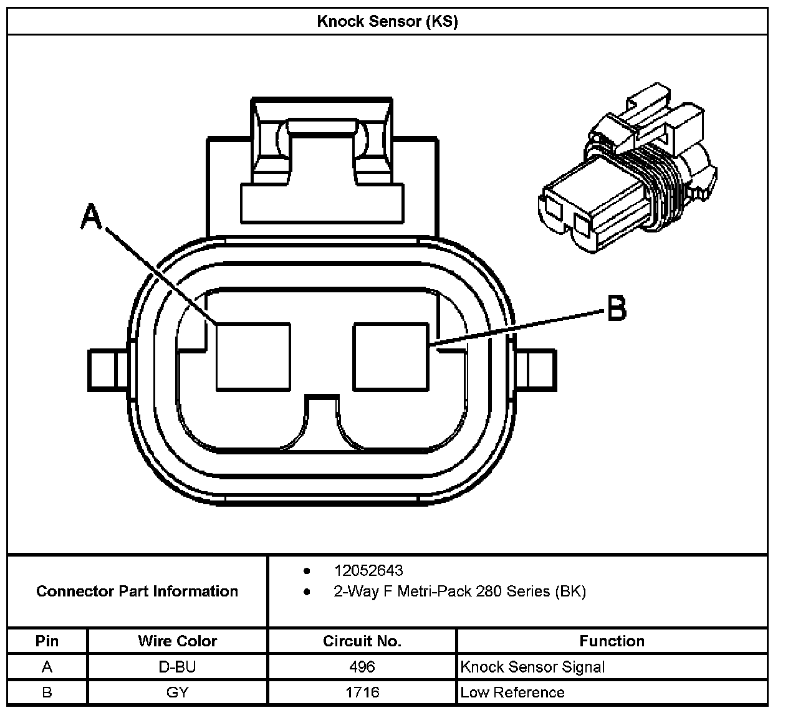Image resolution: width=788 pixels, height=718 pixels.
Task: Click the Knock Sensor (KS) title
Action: [x=387, y=21]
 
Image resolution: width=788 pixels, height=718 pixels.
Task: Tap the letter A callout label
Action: [x=91, y=216]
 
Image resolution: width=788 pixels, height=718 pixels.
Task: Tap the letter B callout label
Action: [x=617, y=309]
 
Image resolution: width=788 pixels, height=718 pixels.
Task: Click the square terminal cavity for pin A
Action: [x=253, y=357]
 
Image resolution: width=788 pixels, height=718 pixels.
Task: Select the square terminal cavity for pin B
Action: [x=391, y=357]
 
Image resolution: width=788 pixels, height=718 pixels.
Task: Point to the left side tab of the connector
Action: [x=108, y=370]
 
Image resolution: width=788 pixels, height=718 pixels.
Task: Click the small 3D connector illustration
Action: [x=627, y=168]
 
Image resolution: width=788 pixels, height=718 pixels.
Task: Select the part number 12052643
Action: [x=368, y=570]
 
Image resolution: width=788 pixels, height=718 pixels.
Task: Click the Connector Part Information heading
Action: [x=137, y=591]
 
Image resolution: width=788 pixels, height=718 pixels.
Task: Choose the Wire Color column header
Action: [x=178, y=641]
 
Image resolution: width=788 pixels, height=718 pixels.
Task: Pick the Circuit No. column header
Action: [x=362, y=641]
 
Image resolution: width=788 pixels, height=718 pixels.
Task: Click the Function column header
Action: [x=612, y=641]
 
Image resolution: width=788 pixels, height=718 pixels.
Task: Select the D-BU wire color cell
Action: [x=177, y=666]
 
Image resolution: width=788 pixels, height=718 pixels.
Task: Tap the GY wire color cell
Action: [x=177, y=692]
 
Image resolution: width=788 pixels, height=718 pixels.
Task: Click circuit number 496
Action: [x=362, y=666]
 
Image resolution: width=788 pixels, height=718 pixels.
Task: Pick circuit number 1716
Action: [x=362, y=692]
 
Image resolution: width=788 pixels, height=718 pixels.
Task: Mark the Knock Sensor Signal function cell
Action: [x=532, y=667]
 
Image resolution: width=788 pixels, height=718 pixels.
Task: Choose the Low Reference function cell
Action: [x=512, y=692]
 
